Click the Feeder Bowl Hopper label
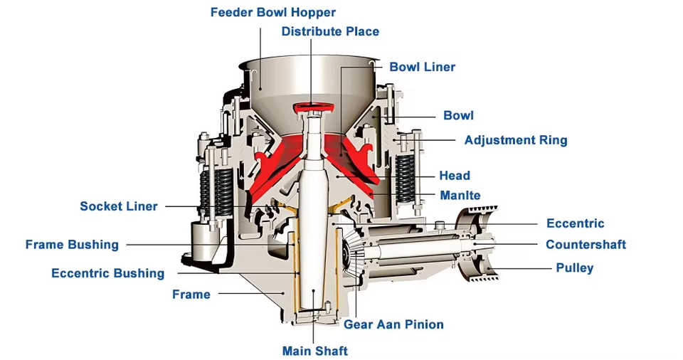coord(273,12)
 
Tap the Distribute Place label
coord(330,31)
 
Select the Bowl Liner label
coord(422,67)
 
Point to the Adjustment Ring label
coord(515,140)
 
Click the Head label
coord(454,176)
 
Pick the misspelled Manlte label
coord(460,196)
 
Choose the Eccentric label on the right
coord(575,223)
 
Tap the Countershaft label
coord(586,245)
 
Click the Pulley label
coord(574,268)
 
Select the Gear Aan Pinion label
coord(393,324)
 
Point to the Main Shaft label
coord(314,351)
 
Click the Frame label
coord(191,294)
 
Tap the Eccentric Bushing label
coord(107,273)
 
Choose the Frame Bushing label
coord(72,245)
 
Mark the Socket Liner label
coord(118,206)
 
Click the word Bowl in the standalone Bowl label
coord(458,115)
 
